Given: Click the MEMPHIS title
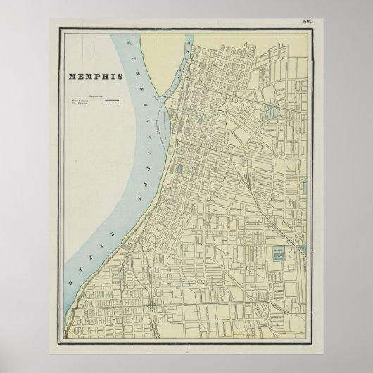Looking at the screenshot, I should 94,76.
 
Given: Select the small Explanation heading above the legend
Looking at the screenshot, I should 93,95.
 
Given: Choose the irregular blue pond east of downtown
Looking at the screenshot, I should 181,169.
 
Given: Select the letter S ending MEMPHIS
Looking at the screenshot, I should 119,76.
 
